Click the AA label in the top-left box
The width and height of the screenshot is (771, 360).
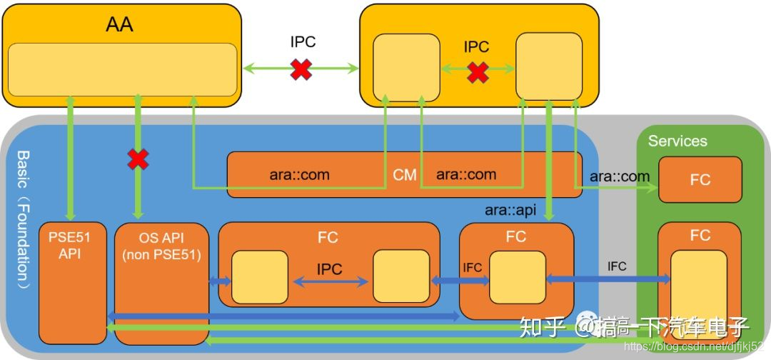tap(119, 26)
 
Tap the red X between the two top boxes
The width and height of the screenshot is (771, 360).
tap(301, 69)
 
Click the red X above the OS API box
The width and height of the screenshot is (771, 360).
tap(138, 160)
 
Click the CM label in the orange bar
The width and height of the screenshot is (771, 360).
tap(405, 175)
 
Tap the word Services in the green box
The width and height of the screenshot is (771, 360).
tap(677, 141)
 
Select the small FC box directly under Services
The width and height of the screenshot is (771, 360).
tap(700, 180)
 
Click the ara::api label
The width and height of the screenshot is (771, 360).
tap(510, 210)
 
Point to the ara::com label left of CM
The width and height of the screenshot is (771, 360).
tap(299, 174)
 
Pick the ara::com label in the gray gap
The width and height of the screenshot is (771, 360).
tap(620, 176)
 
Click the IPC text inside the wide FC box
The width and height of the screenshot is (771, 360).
tap(329, 269)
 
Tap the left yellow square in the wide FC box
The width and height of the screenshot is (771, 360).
tap(259, 276)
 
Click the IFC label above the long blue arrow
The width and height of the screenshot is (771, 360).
tap(617, 266)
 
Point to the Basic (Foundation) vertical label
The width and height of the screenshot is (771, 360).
tap(22, 218)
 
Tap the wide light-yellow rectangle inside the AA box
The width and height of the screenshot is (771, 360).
tap(122, 69)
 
